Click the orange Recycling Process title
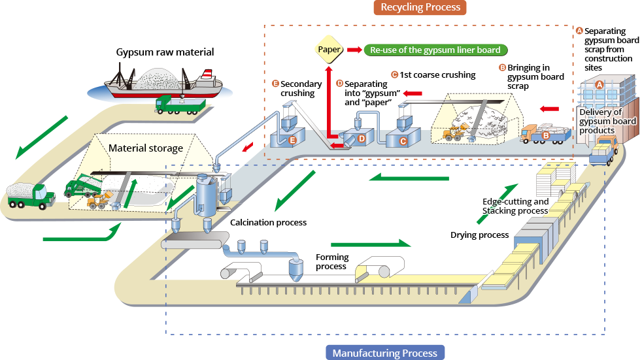420,7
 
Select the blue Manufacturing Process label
385,353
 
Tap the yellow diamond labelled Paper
328,49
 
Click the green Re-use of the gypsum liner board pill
435,50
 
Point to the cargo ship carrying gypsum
163,83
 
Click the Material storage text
146,148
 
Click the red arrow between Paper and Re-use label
354,50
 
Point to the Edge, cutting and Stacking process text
515,206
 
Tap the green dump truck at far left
30,195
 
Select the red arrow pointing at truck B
550,108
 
